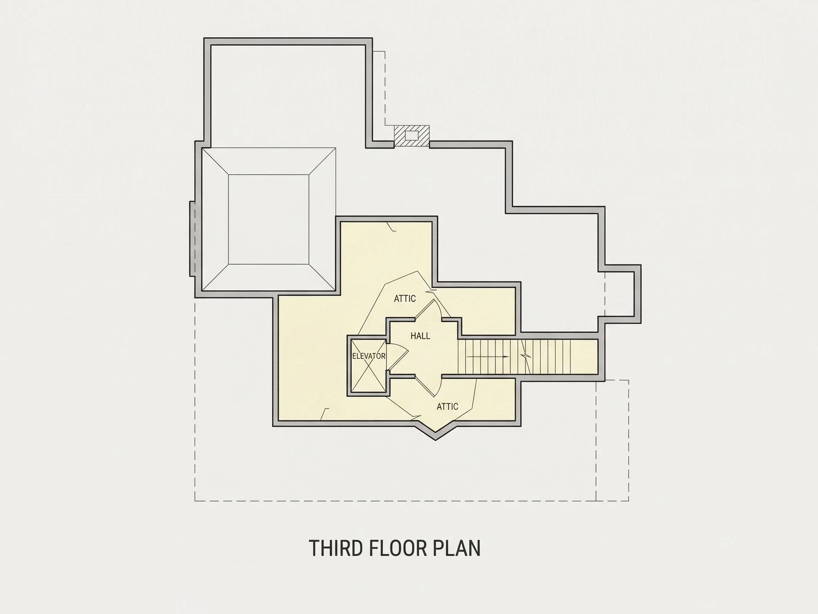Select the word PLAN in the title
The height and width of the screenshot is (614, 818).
pyautogui.click(x=456, y=548)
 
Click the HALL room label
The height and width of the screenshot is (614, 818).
pyautogui.click(x=420, y=336)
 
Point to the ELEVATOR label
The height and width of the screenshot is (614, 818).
pyautogui.click(x=369, y=356)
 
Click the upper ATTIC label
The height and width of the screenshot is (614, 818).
pyautogui.click(x=405, y=298)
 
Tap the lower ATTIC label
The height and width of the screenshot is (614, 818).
pyautogui.click(x=447, y=406)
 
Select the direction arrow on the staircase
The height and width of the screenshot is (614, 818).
pyautogui.click(x=488, y=357)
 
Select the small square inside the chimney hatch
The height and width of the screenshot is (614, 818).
pyautogui.click(x=411, y=135)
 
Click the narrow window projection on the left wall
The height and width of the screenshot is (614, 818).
pyautogui.click(x=192, y=239)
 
